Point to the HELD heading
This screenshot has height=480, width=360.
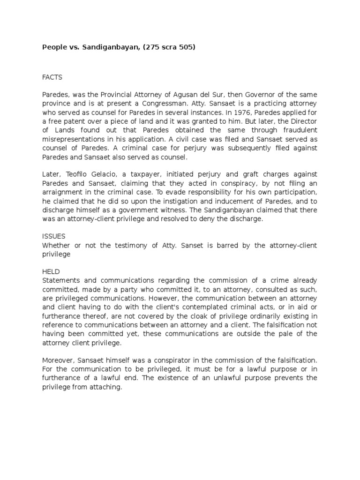51,272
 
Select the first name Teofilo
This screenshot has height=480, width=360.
75,174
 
